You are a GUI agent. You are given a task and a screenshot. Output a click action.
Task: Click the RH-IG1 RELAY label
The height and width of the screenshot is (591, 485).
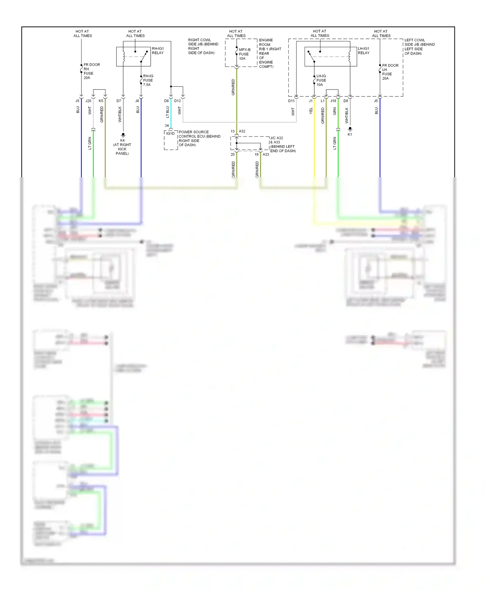pos(158,51)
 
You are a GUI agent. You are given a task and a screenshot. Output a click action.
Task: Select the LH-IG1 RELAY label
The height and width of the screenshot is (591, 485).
pos(363,51)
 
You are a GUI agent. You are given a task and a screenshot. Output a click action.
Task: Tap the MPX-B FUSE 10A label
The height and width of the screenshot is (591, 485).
pos(244,54)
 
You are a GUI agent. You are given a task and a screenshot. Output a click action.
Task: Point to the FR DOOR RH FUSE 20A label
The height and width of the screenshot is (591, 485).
pos(91,71)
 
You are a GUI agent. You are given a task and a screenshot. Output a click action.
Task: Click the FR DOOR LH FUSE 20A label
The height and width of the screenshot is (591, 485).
pos(390,72)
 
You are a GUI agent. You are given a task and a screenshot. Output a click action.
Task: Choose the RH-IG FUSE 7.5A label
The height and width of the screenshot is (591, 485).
pos(148,80)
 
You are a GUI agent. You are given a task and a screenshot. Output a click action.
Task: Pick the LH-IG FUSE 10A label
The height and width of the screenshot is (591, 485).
pos(321,80)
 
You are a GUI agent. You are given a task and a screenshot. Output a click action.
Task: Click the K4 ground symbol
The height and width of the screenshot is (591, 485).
pos(123,134)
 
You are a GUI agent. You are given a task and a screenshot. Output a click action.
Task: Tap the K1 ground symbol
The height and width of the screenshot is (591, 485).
pos(350,129)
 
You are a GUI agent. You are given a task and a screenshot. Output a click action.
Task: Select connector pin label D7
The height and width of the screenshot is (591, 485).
pos(119,101)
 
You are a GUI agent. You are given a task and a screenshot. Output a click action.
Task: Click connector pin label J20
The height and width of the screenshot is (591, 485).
pos(88,101)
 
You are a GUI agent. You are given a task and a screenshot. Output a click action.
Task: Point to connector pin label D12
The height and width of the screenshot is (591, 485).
pos(178,101)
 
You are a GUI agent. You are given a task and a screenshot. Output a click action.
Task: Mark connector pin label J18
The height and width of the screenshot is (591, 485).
pos(333,101)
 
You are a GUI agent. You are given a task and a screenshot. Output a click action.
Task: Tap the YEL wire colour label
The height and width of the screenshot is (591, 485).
pos(311,111)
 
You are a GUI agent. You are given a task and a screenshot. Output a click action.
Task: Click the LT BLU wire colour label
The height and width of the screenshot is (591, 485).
pos(167,112)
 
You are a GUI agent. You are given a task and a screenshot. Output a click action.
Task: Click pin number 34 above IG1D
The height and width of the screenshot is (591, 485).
pos(167,125)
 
